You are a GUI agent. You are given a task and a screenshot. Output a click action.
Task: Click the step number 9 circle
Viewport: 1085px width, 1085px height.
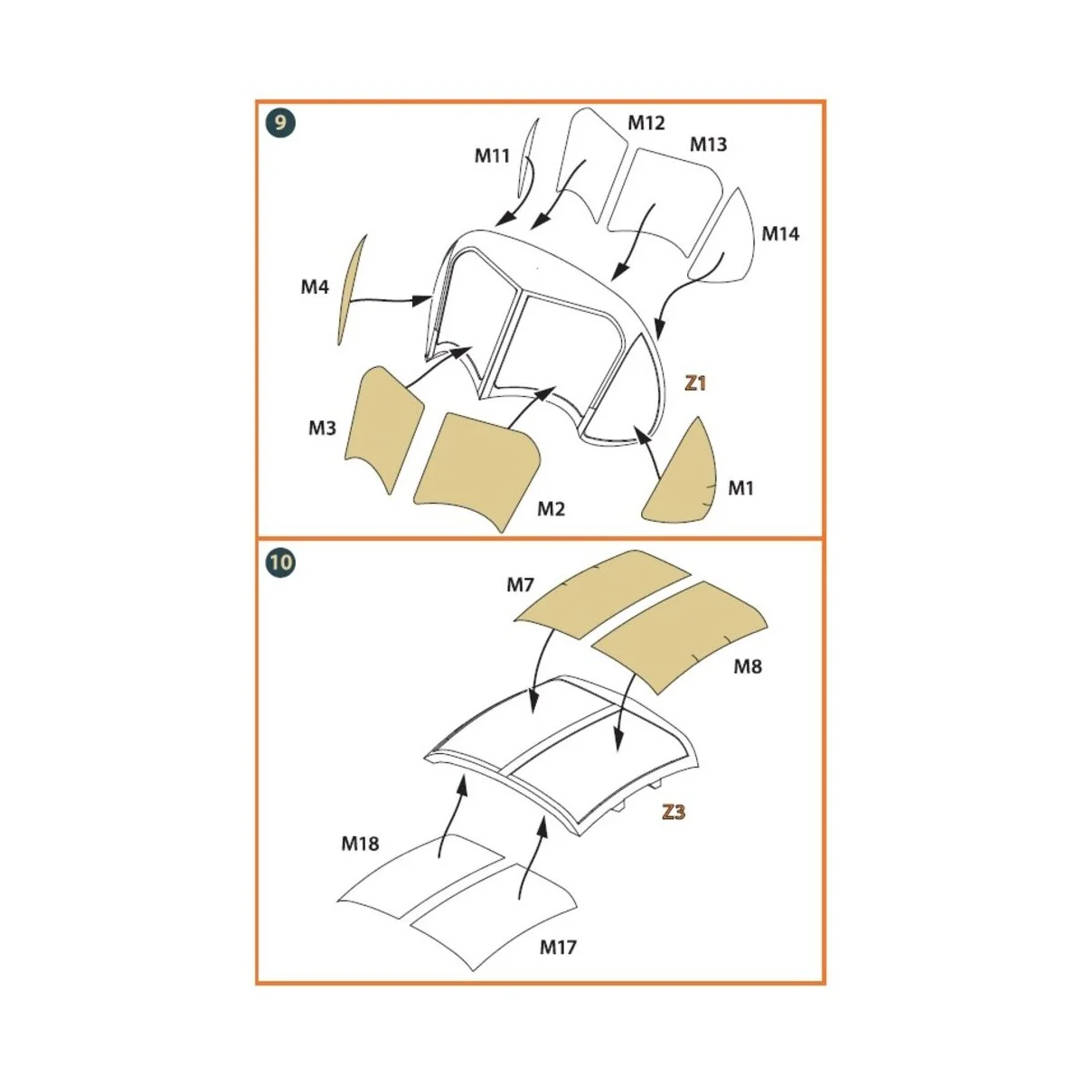[280, 122]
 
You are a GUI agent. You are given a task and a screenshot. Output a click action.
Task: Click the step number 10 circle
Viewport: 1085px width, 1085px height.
[280, 562]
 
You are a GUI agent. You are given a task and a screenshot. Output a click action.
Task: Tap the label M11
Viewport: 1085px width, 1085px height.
[492, 156]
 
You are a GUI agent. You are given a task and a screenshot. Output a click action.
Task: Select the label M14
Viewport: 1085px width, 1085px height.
[779, 233]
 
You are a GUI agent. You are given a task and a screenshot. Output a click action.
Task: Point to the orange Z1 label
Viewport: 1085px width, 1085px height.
[694, 383]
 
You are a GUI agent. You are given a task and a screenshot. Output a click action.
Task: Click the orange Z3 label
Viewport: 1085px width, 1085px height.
[674, 812]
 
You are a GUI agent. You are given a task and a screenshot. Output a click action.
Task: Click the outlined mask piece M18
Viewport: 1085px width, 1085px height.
[420, 873]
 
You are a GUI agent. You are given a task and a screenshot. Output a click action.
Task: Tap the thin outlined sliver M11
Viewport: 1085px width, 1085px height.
[528, 158]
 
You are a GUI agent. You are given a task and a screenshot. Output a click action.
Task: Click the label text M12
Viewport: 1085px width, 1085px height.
[646, 123]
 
